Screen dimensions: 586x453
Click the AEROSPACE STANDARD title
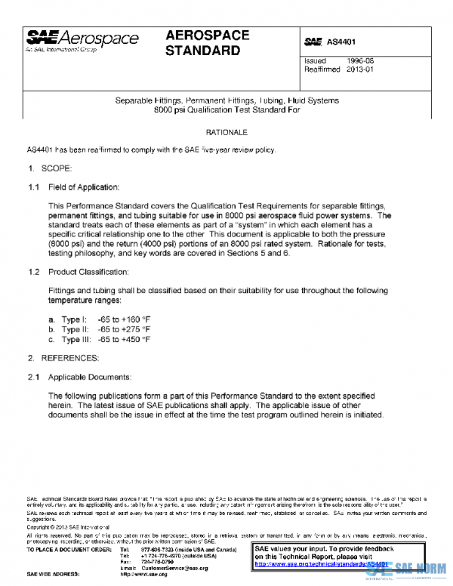pos(203,43)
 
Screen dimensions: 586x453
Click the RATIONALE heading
pos(227,133)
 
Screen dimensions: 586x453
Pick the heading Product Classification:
pos(88,271)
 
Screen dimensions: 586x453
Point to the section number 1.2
pos(33,271)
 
